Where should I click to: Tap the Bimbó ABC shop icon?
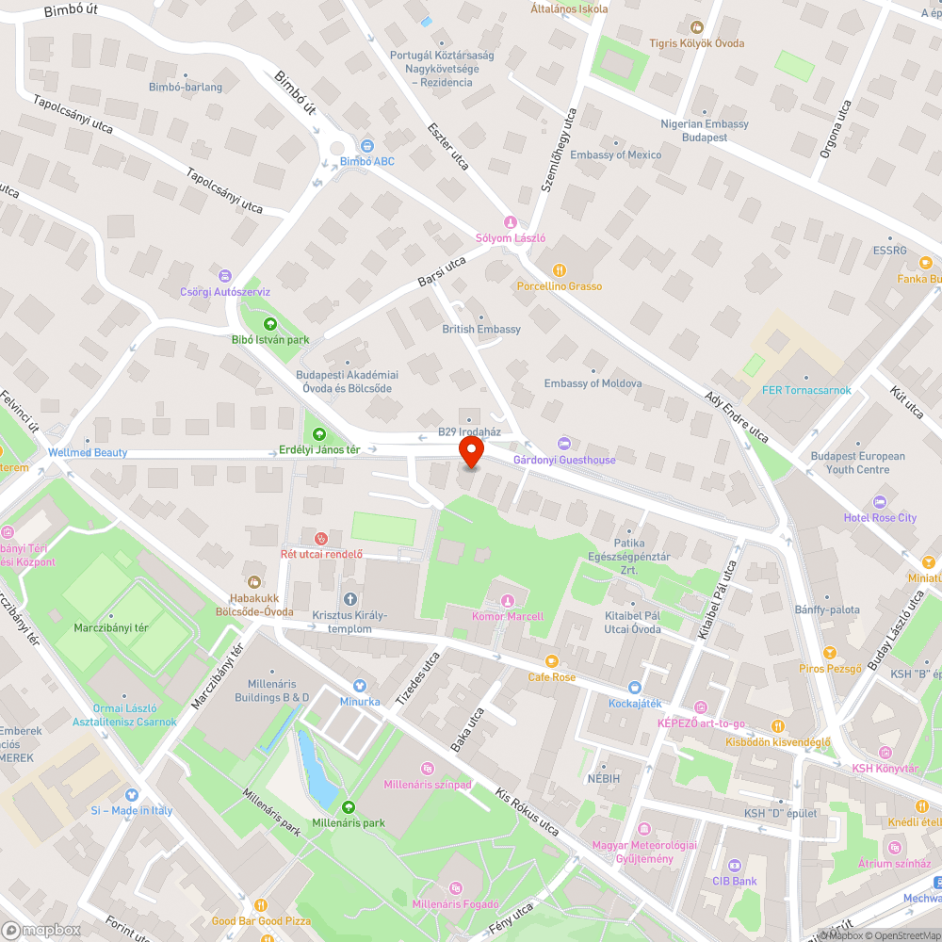coord(366,145)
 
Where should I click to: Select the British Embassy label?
coord(481,330)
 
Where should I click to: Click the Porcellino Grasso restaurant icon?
coord(559,270)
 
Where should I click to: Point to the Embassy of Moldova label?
coord(593,383)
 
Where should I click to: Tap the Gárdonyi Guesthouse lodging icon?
coord(564,444)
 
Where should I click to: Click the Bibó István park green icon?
coord(270,324)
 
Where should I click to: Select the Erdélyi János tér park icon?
coord(319,433)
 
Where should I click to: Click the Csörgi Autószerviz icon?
coord(224,276)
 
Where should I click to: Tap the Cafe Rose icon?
coord(552,661)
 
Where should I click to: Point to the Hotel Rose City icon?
coord(880,502)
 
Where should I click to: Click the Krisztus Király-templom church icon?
coord(350,599)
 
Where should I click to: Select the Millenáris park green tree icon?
coord(349,806)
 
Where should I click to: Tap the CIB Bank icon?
coord(734,866)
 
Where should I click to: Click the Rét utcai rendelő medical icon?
coord(321,538)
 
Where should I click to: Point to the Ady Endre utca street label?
coord(737,416)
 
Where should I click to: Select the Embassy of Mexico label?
coord(615,154)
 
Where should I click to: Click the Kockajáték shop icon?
coord(635,688)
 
